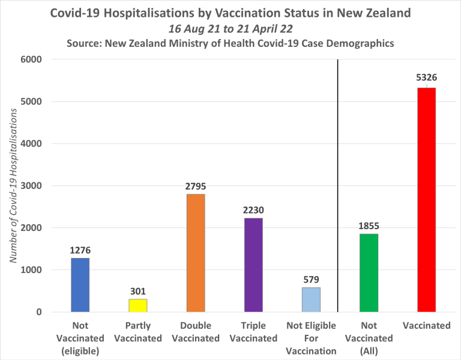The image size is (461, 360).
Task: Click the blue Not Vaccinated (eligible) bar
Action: (x=80, y=285)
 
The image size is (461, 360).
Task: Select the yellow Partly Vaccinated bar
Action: (x=138, y=305)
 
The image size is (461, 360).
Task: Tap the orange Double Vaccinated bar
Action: (x=196, y=253)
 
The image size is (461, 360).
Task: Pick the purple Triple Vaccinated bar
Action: (x=253, y=265)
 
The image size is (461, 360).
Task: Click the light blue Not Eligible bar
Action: (x=311, y=299)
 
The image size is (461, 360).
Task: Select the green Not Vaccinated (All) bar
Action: (x=369, y=273)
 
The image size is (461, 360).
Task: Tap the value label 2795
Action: (x=196, y=186)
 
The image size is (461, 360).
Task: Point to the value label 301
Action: (x=138, y=291)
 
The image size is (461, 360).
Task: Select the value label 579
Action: (x=311, y=279)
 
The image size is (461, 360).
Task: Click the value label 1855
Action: (x=369, y=226)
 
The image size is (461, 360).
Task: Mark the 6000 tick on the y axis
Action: (x=30, y=59)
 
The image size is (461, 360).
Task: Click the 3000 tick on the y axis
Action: (x=30, y=186)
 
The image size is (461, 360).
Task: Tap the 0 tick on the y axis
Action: (x=38, y=312)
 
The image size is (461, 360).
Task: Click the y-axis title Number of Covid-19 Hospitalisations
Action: (x=13, y=186)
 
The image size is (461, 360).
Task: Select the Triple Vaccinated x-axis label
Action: (x=253, y=332)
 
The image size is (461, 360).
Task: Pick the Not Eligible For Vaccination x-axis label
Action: (x=311, y=338)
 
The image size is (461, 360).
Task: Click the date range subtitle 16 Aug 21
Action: (x=230, y=29)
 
